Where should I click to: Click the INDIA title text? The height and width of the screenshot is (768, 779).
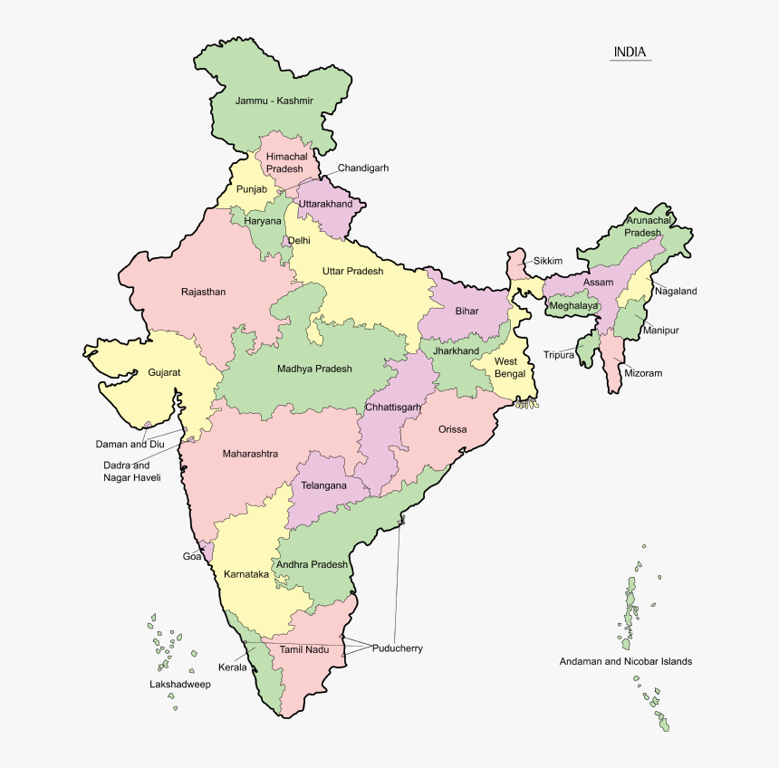tap(630, 52)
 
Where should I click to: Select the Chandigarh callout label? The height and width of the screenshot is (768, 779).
tap(363, 168)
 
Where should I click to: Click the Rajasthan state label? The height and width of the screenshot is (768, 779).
tap(203, 292)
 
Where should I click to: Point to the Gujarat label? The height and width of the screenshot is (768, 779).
tap(164, 372)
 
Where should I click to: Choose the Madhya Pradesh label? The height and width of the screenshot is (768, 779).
tap(314, 369)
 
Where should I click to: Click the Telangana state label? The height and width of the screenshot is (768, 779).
tap(324, 485)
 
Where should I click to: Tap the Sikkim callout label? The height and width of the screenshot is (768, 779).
tap(547, 261)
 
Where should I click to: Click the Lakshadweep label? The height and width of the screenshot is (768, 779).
tap(180, 685)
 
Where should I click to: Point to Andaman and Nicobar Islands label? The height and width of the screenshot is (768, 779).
tap(625, 661)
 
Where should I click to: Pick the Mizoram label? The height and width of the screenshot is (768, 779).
tap(643, 373)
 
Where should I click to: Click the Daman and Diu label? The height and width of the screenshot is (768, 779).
tap(130, 444)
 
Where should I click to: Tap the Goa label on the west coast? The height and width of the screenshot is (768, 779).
tap(192, 556)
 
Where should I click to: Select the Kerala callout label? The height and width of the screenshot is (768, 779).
tap(233, 667)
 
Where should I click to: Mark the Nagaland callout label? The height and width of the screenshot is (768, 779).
tap(676, 291)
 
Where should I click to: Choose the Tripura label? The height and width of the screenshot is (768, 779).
tap(558, 354)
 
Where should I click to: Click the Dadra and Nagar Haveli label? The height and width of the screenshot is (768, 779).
tap(131, 471)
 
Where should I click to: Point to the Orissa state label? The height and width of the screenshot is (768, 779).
tap(452, 429)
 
